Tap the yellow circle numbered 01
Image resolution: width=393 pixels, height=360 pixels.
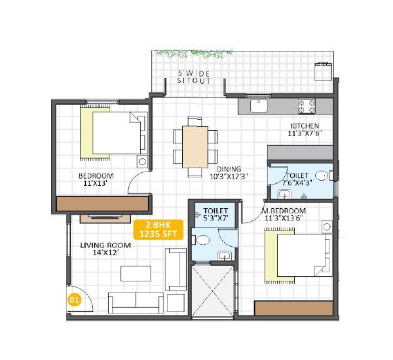click(x=74, y=301)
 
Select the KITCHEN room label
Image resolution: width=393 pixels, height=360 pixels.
click(x=305, y=126)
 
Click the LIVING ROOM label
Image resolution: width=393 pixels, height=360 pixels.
click(x=105, y=245)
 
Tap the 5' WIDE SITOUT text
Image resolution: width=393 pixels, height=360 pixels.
click(x=195, y=77)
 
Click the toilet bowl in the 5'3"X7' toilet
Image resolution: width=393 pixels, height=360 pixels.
click(x=203, y=240)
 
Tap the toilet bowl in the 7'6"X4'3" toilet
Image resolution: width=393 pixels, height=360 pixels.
click(x=321, y=175)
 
